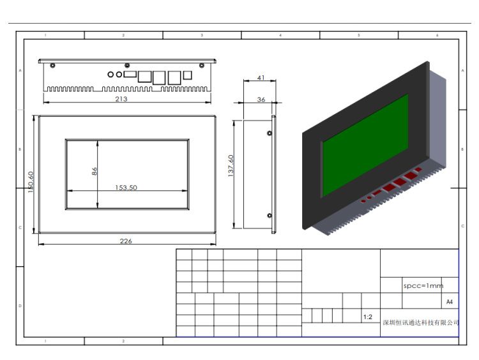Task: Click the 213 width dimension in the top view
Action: (121, 99)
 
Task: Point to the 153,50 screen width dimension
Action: (126, 188)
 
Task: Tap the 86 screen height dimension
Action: (95, 171)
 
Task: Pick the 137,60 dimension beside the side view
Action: (231, 167)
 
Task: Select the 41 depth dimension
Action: (261, 77)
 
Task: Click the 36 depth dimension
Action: (261, 100)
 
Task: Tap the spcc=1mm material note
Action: (422, 286)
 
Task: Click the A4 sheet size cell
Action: (449, 301)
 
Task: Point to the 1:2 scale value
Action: (368, 317)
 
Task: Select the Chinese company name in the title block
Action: (420, 323)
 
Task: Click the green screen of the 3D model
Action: (365, 146)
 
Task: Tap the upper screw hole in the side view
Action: (270, 133)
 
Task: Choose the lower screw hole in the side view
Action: (270, 215)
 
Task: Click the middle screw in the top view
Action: (127, 66)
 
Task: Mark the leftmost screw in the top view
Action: (52, 66)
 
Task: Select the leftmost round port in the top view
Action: (110, 75)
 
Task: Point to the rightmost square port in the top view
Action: (187, 75)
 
